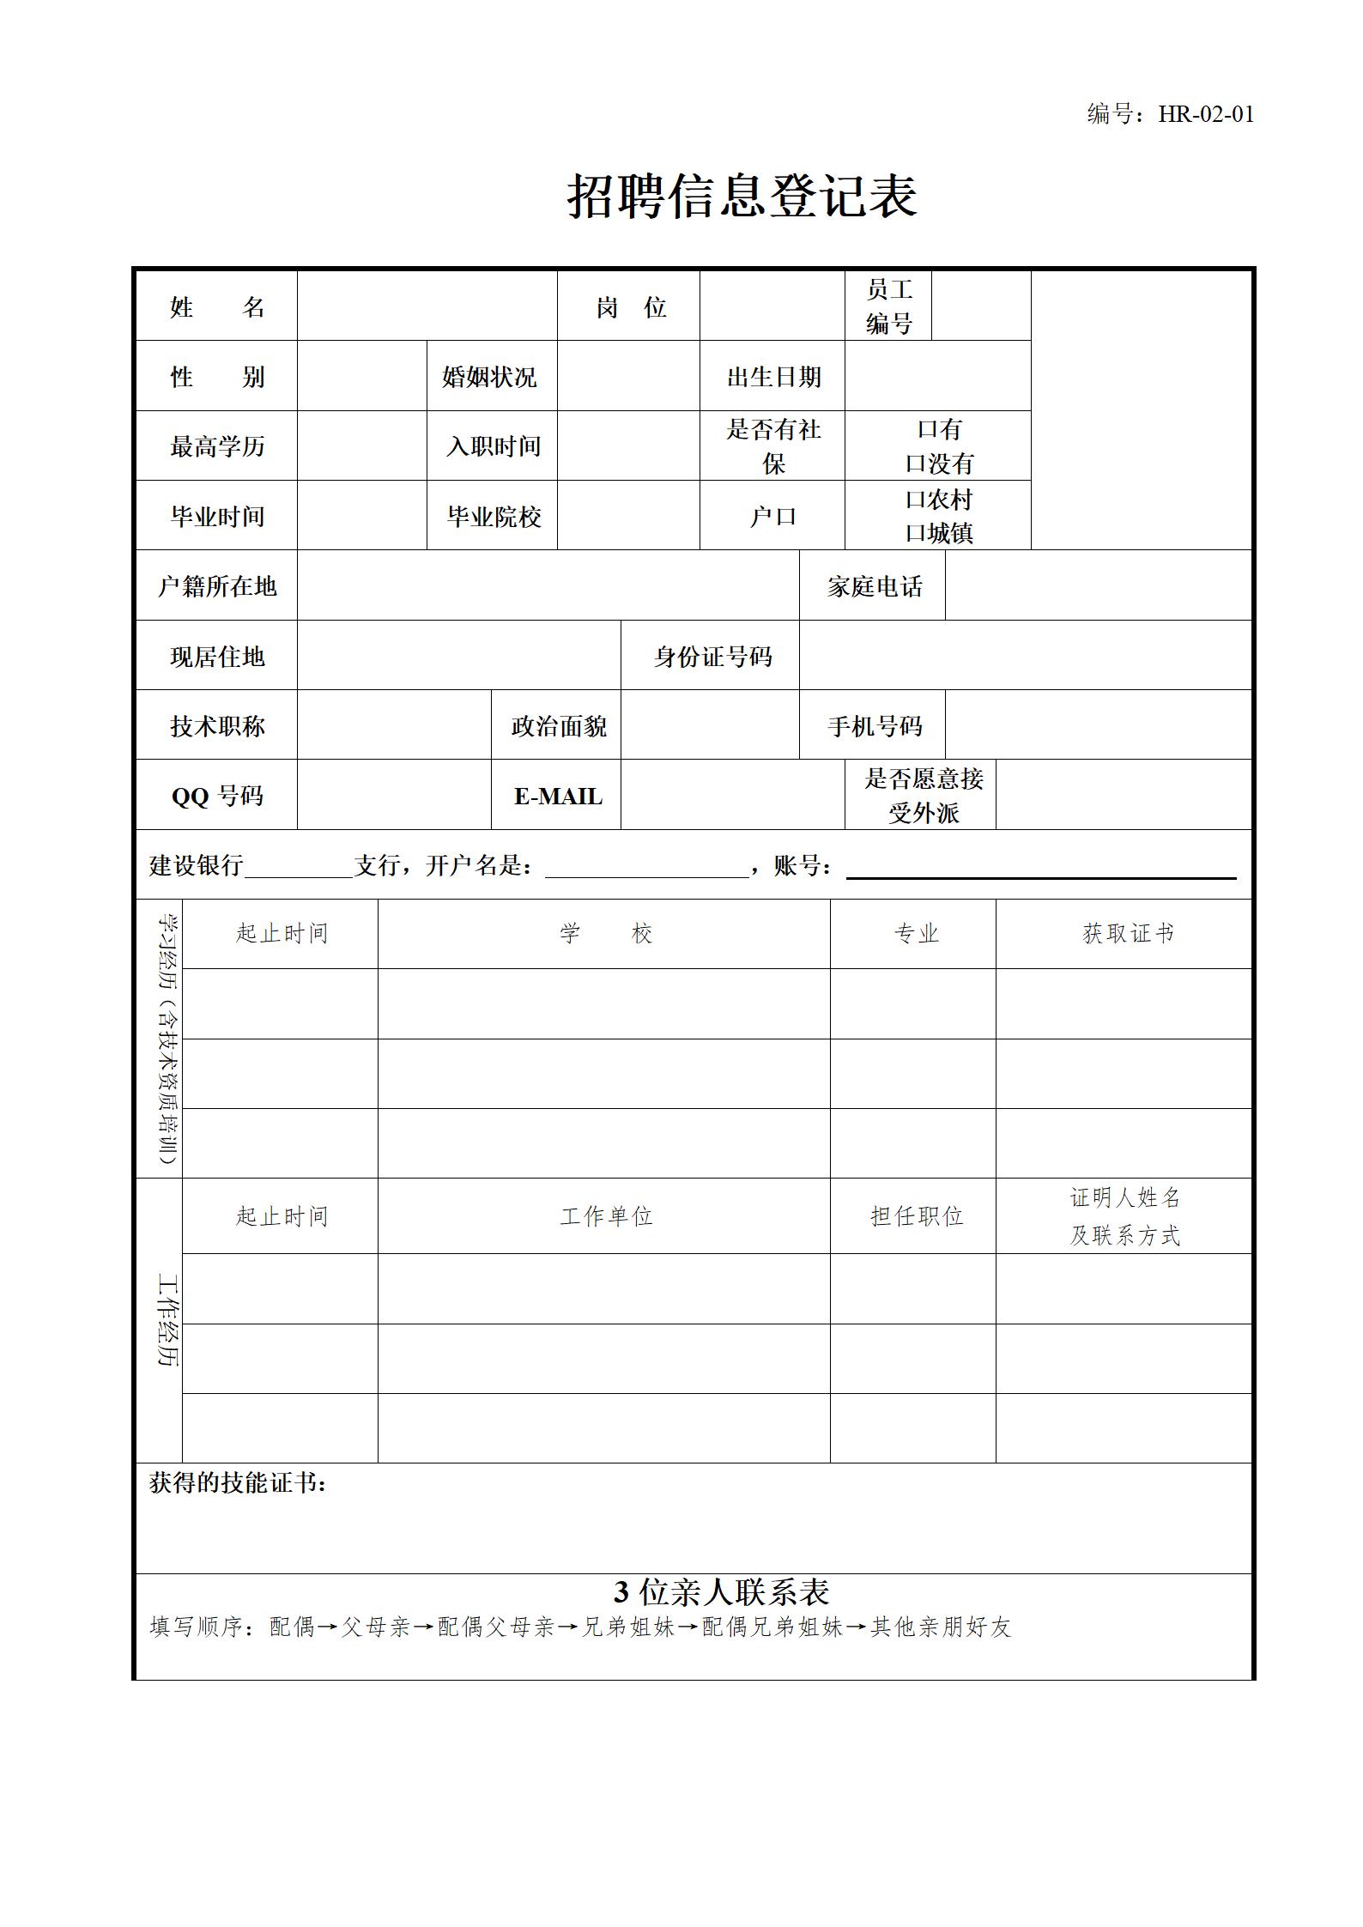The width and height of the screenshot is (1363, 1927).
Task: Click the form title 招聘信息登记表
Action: [x=742, y=197]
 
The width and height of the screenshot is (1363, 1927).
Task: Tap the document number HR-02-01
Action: [x=1206, y=114]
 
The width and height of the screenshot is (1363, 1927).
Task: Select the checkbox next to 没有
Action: [x=915, y=464]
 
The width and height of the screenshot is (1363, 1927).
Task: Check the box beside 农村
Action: [x=915, y=500]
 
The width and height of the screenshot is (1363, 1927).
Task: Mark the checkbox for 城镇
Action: [x=915, y=534]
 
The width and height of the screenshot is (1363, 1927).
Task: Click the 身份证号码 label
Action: [x=712, y=657]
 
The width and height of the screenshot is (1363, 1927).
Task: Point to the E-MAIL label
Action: [x=558, y=797]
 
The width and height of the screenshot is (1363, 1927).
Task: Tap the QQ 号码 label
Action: [x=217, y=797]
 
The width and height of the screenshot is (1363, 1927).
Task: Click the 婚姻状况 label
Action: [x=490, y=377]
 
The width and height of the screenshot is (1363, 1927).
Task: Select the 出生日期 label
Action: [x=774, y=377]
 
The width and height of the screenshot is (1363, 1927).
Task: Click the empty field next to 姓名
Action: [x=427, y=306]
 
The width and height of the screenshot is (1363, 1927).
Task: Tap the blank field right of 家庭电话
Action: [x=1098, y=586]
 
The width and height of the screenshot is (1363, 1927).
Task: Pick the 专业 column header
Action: [x=916, y=934]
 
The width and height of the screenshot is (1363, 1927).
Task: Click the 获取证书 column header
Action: [x=1127, y=934]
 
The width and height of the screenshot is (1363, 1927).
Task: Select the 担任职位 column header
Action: [x=916, y=1216]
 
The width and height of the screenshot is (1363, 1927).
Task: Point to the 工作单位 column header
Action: [x=606, y=1216]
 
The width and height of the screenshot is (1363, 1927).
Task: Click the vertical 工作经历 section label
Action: [x=167, y=1321]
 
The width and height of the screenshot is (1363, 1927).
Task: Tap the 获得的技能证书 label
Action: [x=238, y=1483]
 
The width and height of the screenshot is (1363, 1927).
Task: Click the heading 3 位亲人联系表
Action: [x=721, y=1592]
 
